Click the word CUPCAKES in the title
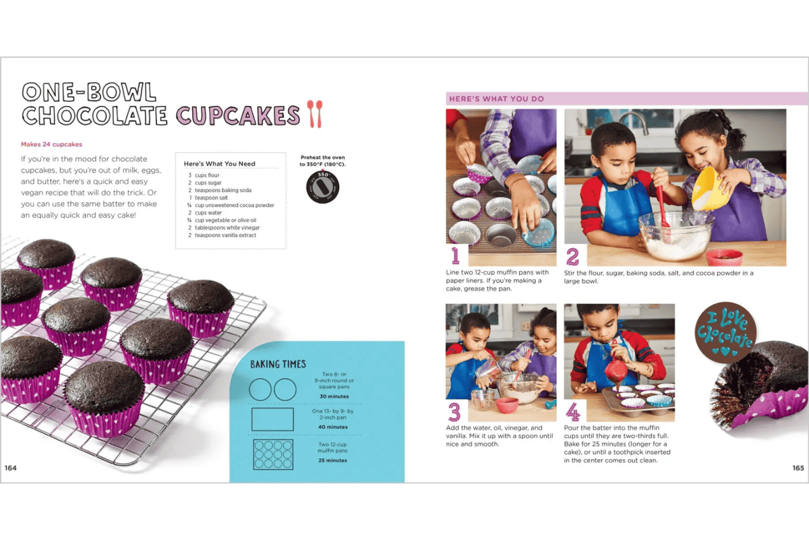coord(238,115)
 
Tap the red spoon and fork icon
coord(314,114)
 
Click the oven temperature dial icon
coord(323,185)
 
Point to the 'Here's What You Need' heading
coord(220,164)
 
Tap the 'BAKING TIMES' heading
coord(278,364)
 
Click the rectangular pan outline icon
coord(272,419)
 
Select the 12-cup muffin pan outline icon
coord(272,455)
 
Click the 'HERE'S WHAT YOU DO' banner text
coord(496,99)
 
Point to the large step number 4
coord(573,411)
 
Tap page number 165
coord(798,468)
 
